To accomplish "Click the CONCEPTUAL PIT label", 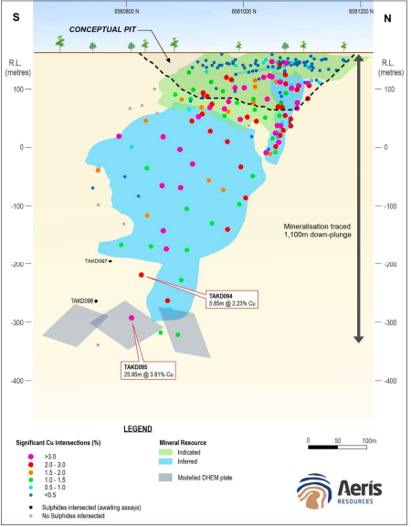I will [95, 27].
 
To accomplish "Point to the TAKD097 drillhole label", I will [96, 261].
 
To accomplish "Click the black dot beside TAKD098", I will [96, 300].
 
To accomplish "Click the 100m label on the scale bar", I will [368, 439].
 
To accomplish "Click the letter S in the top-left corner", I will [16, 18].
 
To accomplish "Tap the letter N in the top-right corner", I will [389, 18].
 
